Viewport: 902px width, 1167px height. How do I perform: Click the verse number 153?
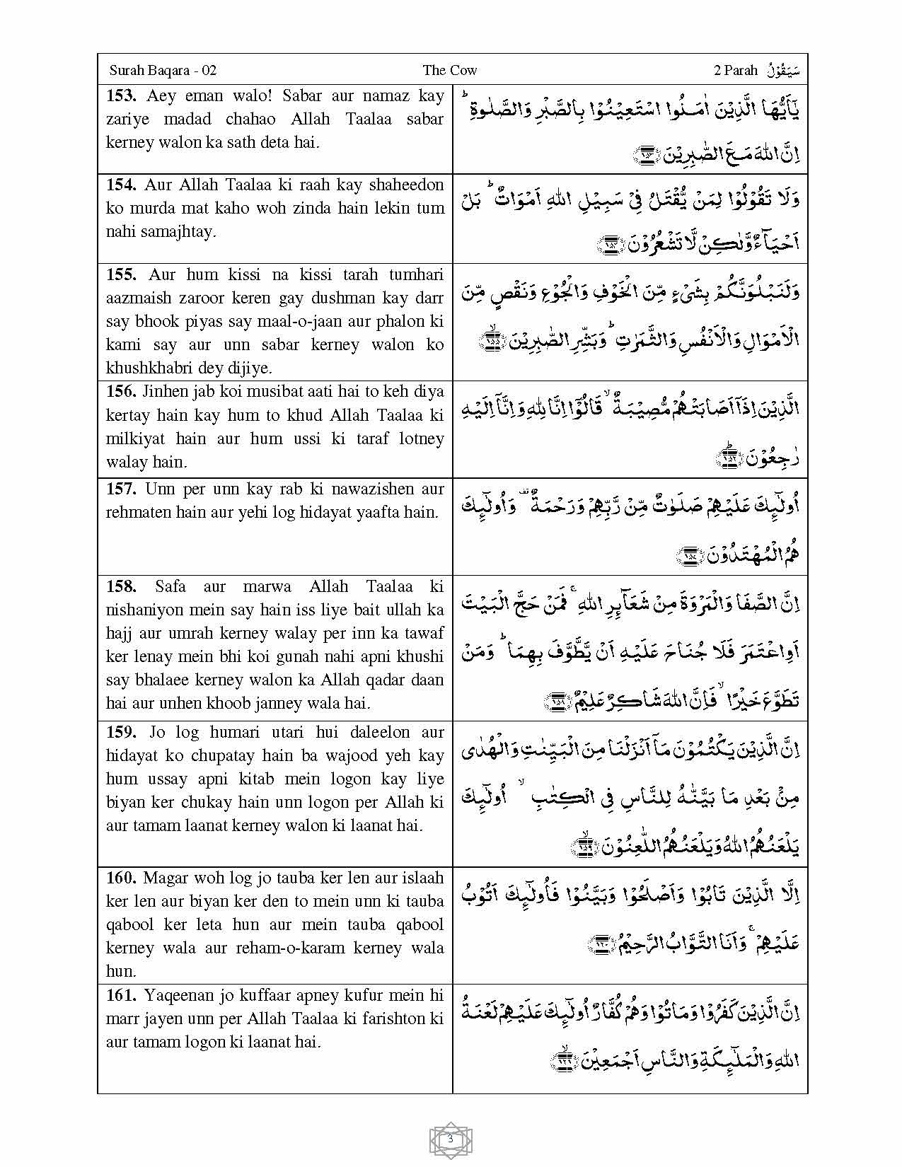coord(122,96)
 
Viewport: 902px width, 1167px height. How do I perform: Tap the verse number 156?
coord(122,392)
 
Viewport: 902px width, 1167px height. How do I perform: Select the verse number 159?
coord(122,733)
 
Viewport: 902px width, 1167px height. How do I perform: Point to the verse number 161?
coord(122,996)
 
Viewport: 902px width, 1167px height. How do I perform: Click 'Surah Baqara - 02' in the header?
coord(163,70)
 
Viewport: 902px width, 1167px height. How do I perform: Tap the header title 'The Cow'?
coord(450,70)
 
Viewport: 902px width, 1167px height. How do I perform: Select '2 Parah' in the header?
coord(736,70)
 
